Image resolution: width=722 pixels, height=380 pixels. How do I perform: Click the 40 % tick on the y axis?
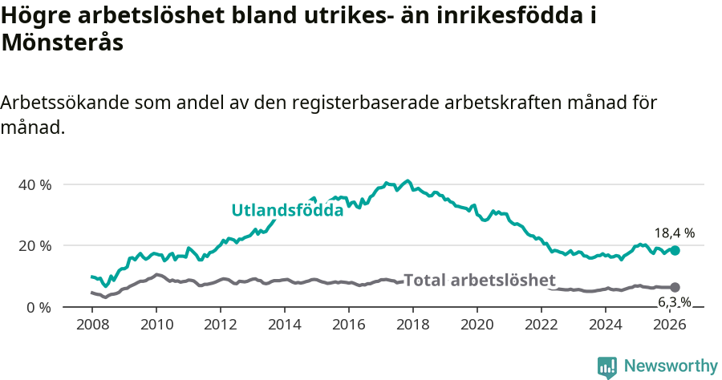click(34, 184)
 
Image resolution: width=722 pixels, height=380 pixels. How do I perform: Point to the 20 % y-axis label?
click(34, 245)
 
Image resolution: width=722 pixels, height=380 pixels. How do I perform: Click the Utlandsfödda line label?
click(287, 211)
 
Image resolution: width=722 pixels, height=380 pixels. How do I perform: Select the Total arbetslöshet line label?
click(480, 280)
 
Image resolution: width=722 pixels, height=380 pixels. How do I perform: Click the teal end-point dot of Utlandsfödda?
click(675, 250)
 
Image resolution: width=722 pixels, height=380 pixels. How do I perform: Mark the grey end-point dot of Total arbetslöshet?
click(675, 287)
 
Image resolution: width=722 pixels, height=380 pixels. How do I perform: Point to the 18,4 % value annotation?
click(674, 233)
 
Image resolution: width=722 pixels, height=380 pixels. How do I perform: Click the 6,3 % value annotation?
click(675, 302)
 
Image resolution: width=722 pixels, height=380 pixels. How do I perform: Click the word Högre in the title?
click(36, 16)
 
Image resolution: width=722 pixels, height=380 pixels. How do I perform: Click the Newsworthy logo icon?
click(607, 367)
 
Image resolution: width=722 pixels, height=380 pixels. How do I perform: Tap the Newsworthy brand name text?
click(670, 366)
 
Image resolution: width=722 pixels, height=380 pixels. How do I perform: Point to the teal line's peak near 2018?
click(408, 180)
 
